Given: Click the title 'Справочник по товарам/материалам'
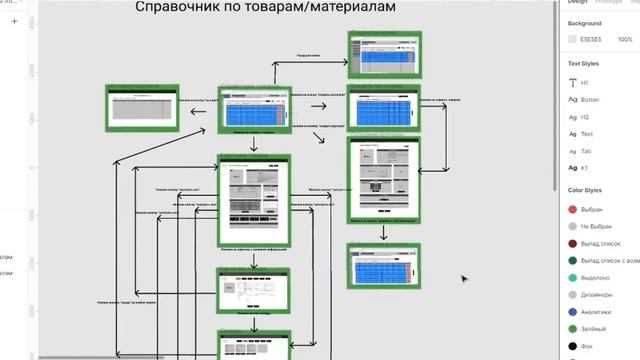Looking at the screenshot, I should coord(265,8).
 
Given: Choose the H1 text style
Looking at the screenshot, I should coord(586,83).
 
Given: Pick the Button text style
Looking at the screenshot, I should coord(592,100).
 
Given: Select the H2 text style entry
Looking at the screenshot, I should coord(587,117).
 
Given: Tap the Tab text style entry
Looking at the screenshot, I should coord(587,151).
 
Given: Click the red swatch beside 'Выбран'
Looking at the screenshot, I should coord(573,210).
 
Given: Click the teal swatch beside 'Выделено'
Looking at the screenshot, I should coord(573,278).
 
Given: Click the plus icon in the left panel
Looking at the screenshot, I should coord(14,20).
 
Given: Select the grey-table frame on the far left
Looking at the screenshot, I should coord(142,108).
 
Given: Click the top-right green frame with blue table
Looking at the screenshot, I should coord(384,54).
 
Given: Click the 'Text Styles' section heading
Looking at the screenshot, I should coord(590,63).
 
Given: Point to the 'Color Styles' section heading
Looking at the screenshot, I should coord(592,190).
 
